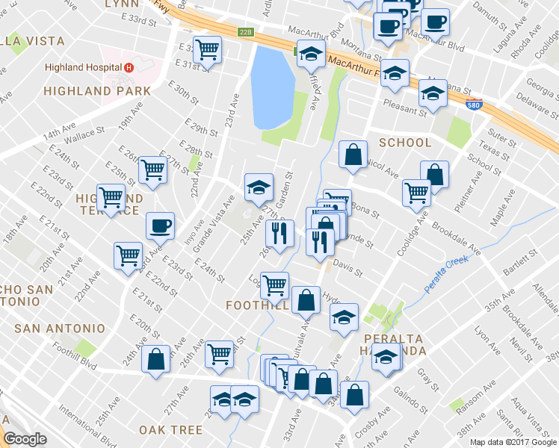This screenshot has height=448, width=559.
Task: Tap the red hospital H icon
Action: click(129, 66)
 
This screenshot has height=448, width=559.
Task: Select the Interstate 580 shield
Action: click(472, 108)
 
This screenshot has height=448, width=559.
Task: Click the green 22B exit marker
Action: click(246, 32)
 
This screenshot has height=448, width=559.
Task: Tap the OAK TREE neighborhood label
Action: click(170, 429)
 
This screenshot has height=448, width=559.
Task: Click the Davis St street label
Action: click(348, 268)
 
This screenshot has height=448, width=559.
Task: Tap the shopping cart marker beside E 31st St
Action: click(207, 49)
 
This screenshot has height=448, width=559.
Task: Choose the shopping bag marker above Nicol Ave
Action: click(353, 155)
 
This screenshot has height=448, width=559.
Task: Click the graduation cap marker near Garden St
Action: click(259, 187)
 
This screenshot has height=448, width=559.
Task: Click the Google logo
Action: click(25, 439)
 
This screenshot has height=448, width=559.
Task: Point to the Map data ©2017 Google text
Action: click(512, 442)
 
